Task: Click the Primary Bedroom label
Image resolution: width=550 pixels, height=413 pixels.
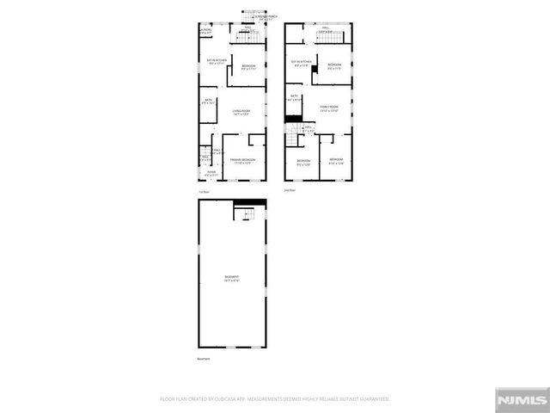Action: point(241,161)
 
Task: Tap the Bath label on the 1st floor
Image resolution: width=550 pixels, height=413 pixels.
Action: point(207,102)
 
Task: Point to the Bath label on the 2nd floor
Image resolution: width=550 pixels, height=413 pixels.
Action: point(294,97)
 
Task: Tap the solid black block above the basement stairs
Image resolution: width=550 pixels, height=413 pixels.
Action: point(250,203)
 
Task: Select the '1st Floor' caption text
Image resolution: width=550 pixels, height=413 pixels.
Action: point(204,191)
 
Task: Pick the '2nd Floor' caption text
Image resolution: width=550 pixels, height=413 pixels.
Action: point(290,191)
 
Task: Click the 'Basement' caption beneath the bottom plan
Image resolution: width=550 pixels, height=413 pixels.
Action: point(204,359)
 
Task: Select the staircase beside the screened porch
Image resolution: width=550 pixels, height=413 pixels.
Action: point(245,21)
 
